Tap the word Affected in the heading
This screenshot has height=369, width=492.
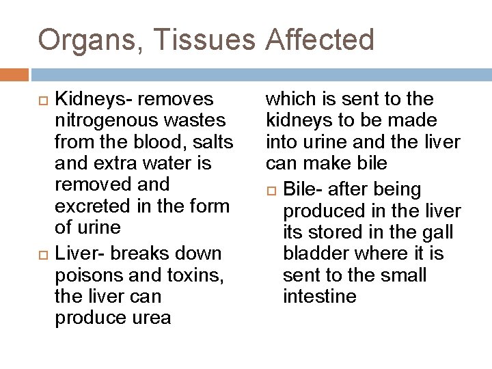pyautogui.click(x=319, y=40)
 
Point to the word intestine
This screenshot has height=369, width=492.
pyautogui.click(x=320, y=297)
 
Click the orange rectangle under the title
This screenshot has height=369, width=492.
pyautogui.click(x=14, y=74)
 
